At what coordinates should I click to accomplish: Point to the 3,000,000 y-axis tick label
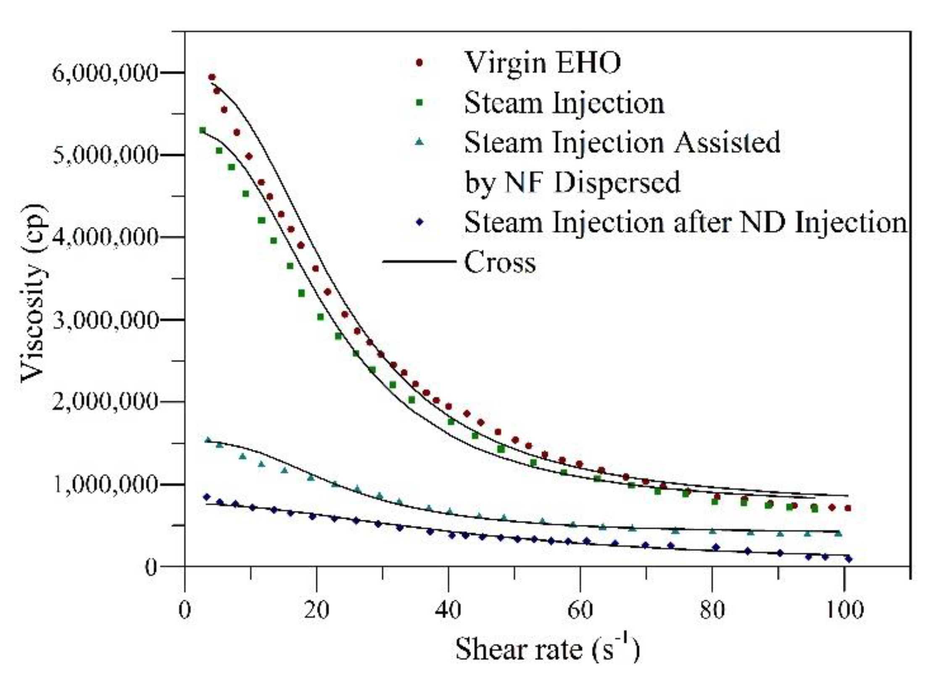click(105, 321)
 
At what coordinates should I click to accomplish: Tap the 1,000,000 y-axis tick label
click(105, 485)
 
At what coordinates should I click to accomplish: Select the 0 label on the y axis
click(151, 567)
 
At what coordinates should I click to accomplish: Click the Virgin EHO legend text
click(542, 63)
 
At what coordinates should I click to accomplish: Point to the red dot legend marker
click(419, 63)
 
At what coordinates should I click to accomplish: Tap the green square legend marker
click(419, 102)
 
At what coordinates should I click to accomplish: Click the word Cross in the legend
click(500, 262)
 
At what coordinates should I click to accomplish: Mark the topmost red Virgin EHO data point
click(212, 77)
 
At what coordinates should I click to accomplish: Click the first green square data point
click(203, 130)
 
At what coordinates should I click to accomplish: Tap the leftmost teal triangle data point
click(207, 440)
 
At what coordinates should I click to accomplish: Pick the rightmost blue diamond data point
click(849, 559)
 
